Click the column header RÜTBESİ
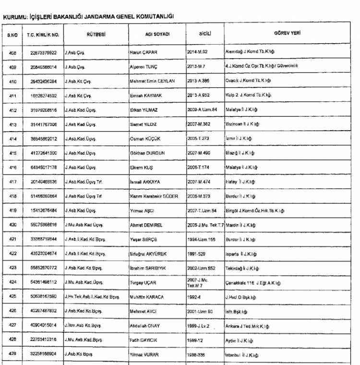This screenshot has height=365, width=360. point(96,35)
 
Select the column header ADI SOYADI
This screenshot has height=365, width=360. point(157,35)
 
